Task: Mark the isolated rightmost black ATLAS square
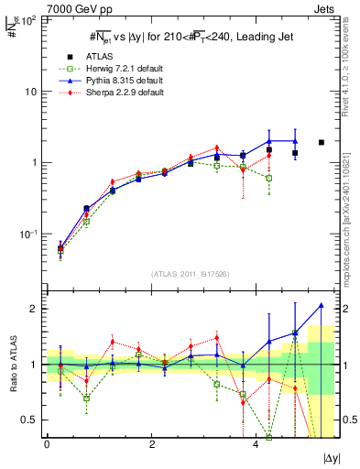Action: pyautogui.click(x=321, y=142)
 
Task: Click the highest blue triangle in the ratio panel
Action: pyautogui.click(x=321, y=305)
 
